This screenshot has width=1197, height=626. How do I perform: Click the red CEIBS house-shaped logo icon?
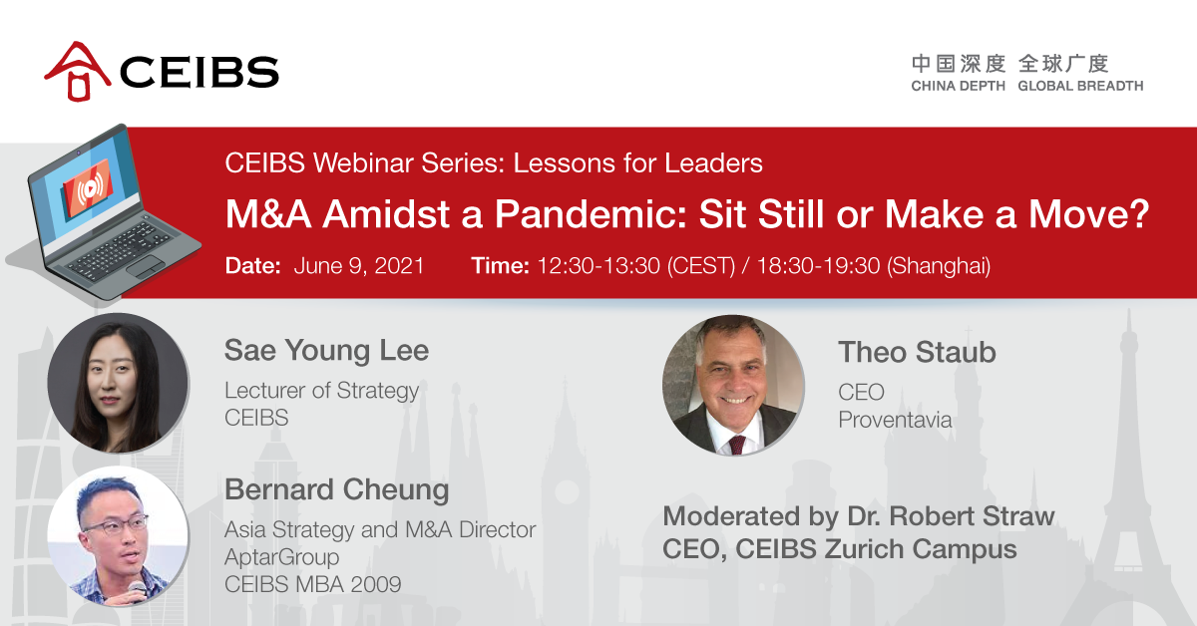[78, 71]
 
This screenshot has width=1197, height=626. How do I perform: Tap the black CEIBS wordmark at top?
[199, 72]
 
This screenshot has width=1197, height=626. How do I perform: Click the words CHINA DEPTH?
[959, 86]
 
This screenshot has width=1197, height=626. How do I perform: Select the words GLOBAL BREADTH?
[1080, 86]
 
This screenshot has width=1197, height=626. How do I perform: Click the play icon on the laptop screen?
[90, 188]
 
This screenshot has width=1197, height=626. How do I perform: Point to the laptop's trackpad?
[146, 265]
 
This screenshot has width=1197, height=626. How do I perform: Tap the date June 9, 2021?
[359, 266]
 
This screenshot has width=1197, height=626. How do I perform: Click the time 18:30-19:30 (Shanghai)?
[874, 266]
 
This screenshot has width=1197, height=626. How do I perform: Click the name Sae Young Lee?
[326, 352]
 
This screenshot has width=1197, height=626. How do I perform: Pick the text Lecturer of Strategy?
[321, 391]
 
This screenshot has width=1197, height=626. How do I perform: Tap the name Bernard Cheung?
[337, 490]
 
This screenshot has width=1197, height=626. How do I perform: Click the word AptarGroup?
[281, 557]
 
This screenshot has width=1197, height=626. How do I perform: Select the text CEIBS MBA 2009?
[312, 584]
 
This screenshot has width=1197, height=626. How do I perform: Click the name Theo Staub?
[917, 353]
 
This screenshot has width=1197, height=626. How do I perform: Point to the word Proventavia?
[895, 420]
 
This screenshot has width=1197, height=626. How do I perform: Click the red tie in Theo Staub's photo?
[737, 445]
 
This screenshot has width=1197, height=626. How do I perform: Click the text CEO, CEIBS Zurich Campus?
[840, 549]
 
